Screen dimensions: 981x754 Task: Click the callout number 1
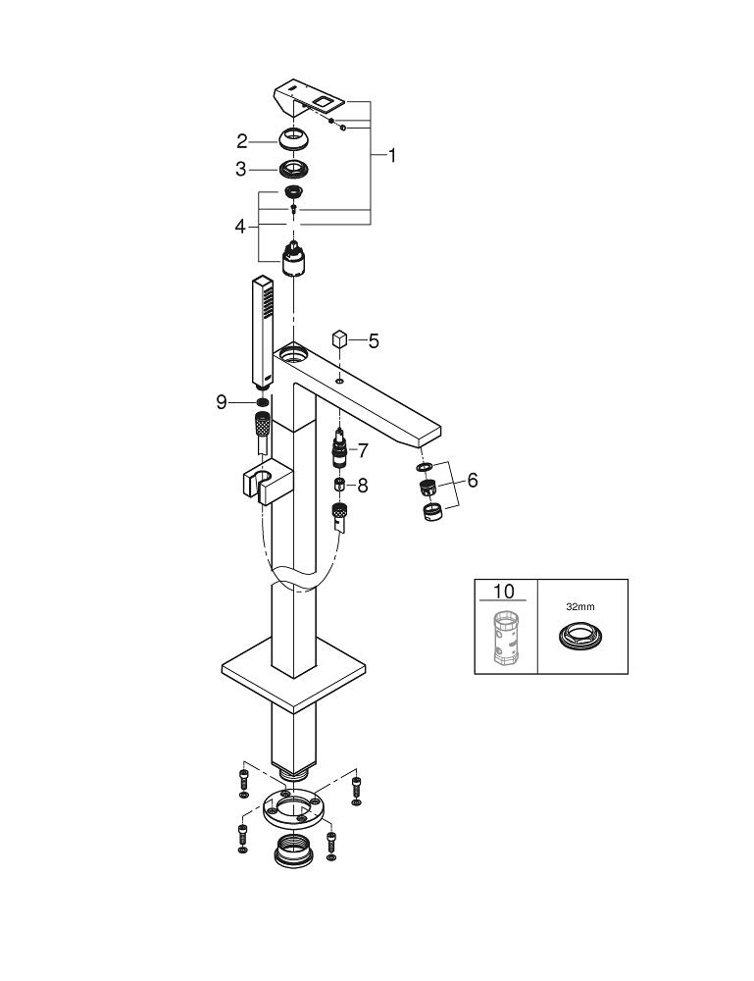391,155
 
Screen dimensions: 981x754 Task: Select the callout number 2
241,141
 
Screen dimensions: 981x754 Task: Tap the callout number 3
241,169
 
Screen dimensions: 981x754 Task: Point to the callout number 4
240,226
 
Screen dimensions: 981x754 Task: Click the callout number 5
374,341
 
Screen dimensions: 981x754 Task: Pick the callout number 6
473,481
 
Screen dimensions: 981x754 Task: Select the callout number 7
362,450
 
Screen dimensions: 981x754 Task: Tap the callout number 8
362,485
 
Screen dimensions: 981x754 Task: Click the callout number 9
223,401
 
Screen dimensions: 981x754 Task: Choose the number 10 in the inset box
504,592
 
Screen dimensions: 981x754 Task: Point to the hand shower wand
262,334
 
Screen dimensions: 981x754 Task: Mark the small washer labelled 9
262,401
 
